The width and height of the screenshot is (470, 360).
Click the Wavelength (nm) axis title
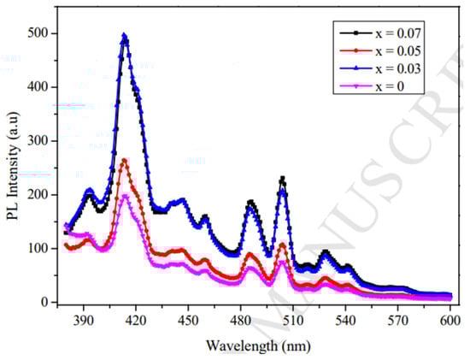[256, 345]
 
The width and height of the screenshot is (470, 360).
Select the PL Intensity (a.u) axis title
[15, 168]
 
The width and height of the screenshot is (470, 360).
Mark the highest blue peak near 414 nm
[125, 36]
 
